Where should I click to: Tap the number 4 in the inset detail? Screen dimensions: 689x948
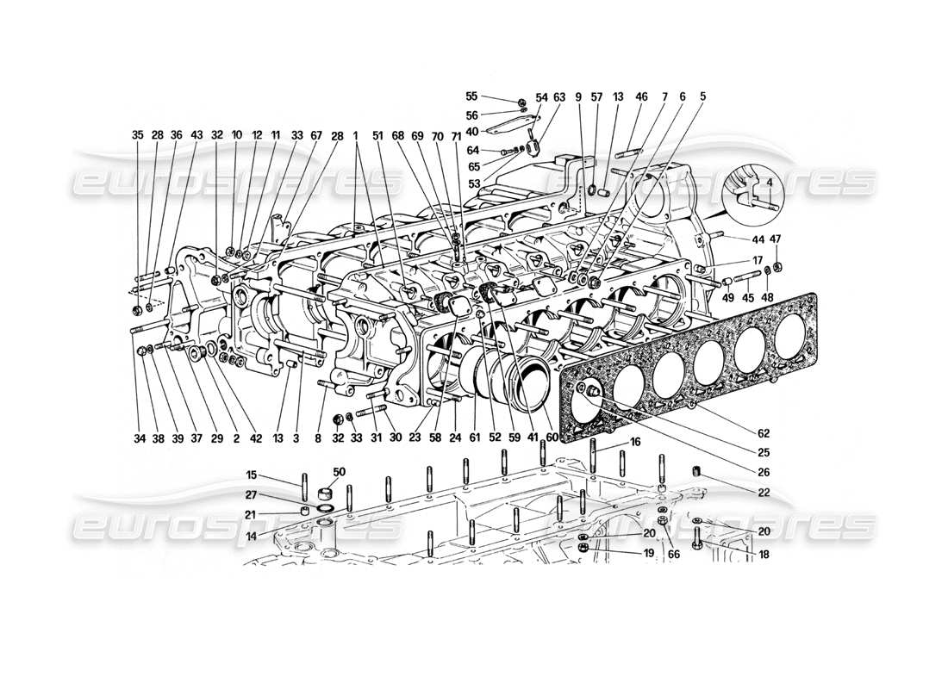click(757, 182)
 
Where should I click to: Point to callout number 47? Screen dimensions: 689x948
click(776, 239)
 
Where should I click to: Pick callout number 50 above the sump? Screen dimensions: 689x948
click(339, 473)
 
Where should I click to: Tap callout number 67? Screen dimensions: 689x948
click(316, 135)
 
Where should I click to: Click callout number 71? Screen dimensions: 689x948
click(456, 135)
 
